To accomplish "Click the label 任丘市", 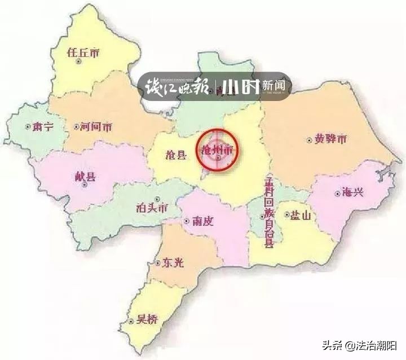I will tap(83, 52).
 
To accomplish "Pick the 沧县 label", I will tap(174, 155).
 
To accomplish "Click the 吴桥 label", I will tap(147, 321).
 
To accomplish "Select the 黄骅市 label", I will tap(330, 139).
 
